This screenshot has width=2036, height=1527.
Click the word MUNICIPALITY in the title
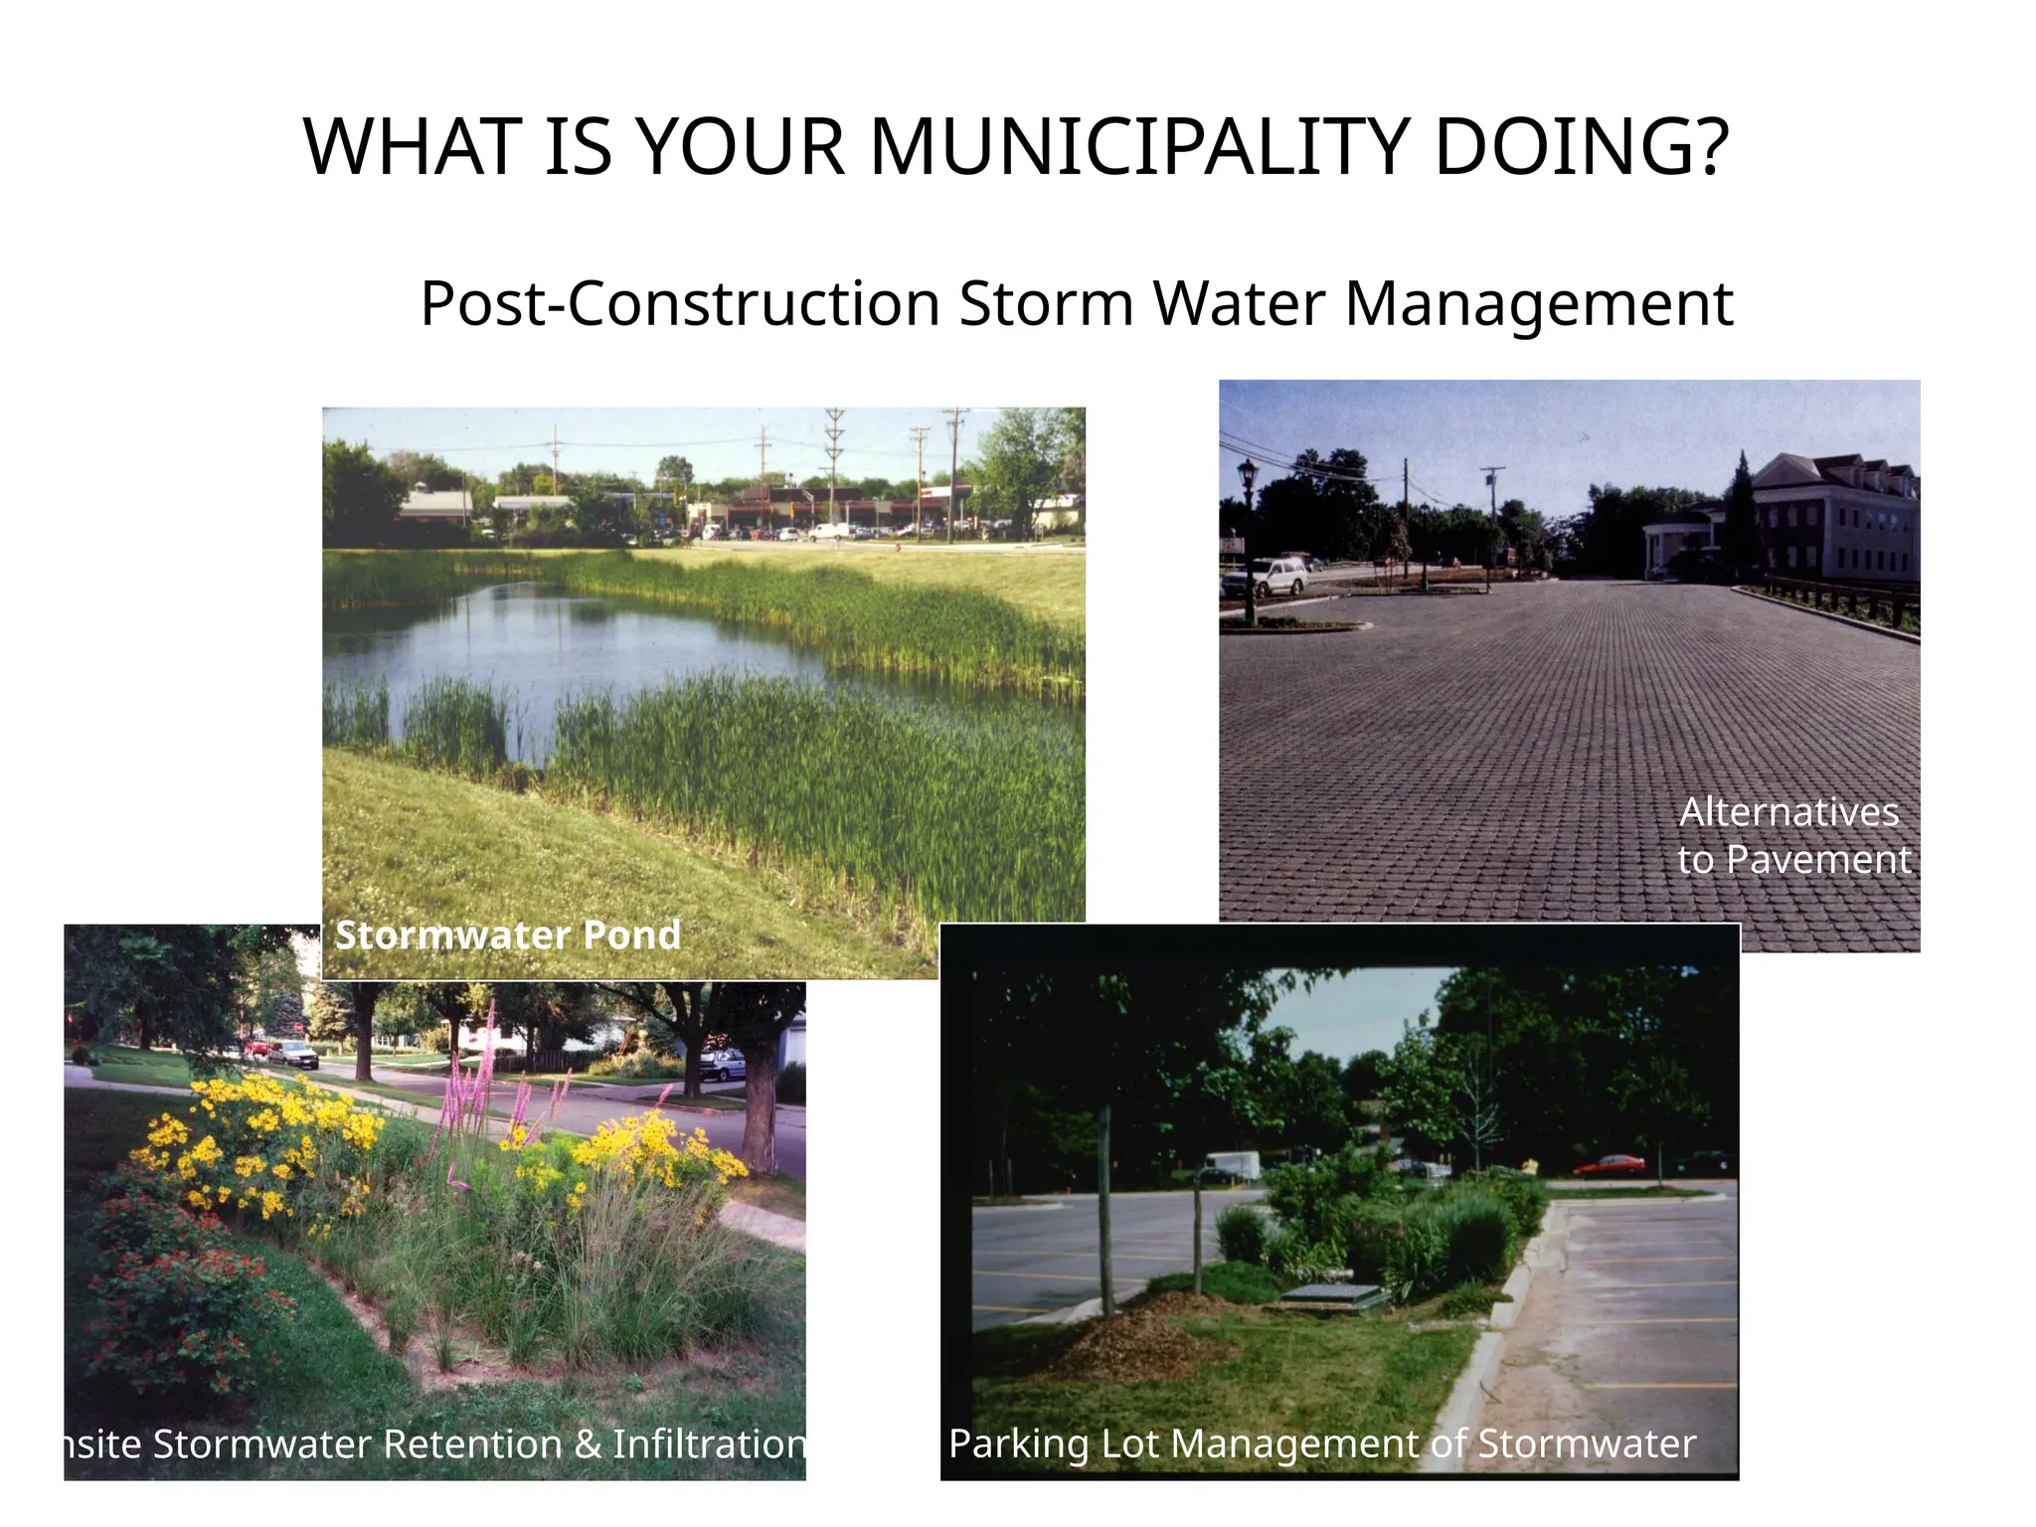(1139, 147)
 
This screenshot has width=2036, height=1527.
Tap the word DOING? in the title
(1581, 147)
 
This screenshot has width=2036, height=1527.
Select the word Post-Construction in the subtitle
(680, 303)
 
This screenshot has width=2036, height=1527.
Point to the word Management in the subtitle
(1539, 303)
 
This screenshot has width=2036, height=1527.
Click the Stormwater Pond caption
(508, 934)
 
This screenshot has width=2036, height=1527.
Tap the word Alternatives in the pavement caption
(1789, 812)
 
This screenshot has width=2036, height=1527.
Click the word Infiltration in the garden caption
(708, 1443)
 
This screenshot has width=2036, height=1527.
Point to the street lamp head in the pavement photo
(1247, 470)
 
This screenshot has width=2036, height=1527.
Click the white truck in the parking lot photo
(1233, 1165)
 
